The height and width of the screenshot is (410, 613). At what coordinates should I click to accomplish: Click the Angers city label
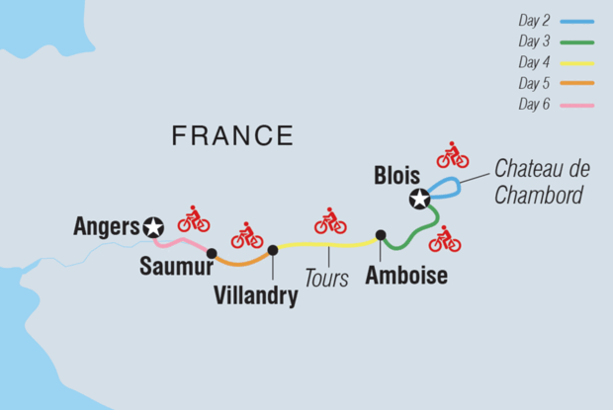(x=107, y=227)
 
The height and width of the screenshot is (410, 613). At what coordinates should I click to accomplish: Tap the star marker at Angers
(x=153, y=227)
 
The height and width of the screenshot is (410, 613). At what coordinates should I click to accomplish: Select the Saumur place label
(x=176, y=267)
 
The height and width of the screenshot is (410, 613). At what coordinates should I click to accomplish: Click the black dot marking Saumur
(x=212, y=253)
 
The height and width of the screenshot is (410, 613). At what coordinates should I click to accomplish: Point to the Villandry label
(x=256, y=294)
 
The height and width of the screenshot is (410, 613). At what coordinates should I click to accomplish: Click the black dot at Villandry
(x=273, y=250)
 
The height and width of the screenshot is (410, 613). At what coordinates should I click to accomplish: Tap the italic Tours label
(x=326, y=279)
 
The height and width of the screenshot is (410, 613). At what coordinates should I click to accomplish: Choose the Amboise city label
(x=406, y=277)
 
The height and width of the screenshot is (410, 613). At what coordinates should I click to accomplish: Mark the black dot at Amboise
(x=381, y=235)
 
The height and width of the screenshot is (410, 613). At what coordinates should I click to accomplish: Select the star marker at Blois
(x=420, y=200)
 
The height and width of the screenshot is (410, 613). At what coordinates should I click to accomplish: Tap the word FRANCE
(x=232, y=136)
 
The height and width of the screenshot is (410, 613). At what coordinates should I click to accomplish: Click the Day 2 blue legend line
(x=576, y=21)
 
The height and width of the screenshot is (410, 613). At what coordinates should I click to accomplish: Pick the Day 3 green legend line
(x=576, y=41)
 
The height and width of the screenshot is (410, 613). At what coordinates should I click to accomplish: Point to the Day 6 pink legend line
(x=576, y=104)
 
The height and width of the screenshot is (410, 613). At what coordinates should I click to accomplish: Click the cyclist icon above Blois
(x=452, y=155)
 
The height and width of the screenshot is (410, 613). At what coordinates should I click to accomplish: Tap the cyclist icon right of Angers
(x=194, y=219)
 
